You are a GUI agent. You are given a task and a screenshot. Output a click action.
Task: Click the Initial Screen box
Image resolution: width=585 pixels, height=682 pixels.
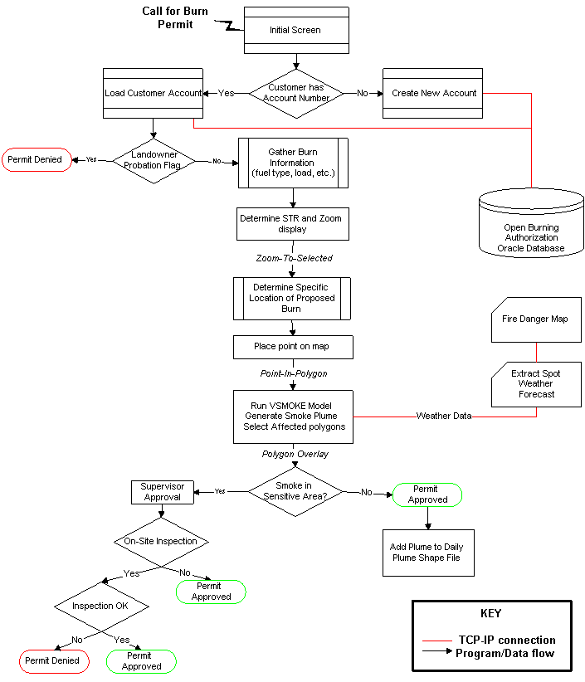pos(296,30)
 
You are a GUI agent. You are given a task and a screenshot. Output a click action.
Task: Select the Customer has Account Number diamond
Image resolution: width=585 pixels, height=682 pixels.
pos(296,94)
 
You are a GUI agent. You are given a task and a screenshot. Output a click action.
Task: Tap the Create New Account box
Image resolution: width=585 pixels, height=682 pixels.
pos(433,93)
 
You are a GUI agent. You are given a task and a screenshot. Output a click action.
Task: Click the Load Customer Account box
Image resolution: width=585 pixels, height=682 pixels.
pos(154,93)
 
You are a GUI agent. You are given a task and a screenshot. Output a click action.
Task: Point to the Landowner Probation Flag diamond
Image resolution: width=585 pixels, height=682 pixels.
pos(154,161)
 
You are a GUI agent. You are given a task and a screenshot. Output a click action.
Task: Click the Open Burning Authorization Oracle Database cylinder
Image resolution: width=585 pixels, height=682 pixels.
pos(531,222)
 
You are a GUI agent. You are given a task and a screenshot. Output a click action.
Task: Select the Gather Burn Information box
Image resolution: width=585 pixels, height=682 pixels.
pos(293,163)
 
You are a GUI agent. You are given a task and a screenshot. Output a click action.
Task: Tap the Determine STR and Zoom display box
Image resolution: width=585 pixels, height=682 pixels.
pos(293,224)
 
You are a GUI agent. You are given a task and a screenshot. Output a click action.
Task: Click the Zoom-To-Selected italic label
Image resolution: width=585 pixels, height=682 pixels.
pos(294,258)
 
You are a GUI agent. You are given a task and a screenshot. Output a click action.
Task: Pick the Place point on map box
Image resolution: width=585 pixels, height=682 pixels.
pos(293,347)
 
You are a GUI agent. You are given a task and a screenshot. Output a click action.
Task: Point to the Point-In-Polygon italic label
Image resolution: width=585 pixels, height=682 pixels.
pos(294,373)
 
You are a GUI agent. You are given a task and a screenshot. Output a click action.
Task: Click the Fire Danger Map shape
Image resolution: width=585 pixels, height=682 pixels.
pos(536,319)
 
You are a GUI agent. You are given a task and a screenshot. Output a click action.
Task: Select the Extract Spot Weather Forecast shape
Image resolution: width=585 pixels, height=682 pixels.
pos(536,384)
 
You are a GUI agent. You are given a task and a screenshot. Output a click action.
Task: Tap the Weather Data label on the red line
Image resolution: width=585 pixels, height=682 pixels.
pos(444,416)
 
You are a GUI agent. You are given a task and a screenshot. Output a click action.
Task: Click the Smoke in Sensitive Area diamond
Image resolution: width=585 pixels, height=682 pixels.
pos(295,492)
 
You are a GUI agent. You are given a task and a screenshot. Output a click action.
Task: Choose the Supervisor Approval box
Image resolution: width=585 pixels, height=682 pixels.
pos(163,492)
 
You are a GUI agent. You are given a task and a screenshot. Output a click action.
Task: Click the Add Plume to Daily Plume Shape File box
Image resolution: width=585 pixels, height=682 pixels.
pos(428,553)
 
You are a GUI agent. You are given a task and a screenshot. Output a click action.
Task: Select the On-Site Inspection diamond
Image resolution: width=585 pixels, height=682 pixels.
pos(161,542)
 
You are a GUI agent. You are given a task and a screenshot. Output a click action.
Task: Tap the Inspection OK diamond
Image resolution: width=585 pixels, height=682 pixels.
pos(101,606)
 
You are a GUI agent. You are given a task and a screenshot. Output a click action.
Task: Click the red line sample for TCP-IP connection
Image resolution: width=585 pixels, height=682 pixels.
pos(437,641)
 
